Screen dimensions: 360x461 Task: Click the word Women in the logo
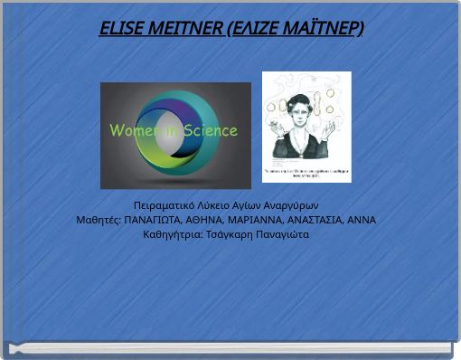tap(132, 130)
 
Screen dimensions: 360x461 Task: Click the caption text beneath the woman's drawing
tap(306, 171)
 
